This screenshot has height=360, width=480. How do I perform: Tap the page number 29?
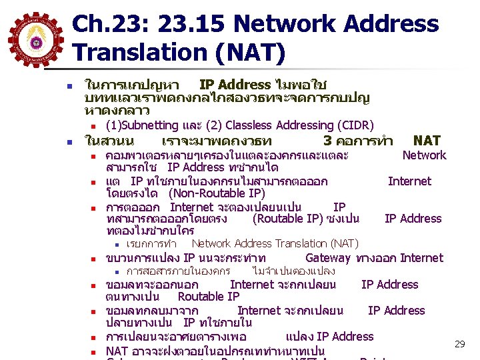(459, 344)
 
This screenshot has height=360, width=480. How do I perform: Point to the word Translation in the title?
(149, 51)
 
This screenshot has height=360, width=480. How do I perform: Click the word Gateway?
(327, 258)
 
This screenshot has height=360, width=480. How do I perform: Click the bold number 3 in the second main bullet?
(327, 141)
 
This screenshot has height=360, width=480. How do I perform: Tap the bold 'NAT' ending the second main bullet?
(427, 141)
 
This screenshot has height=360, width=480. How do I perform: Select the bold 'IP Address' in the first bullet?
(235, 85)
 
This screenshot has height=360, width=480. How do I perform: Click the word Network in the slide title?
(298, 25)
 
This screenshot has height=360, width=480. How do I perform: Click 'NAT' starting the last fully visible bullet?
(117, 351)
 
